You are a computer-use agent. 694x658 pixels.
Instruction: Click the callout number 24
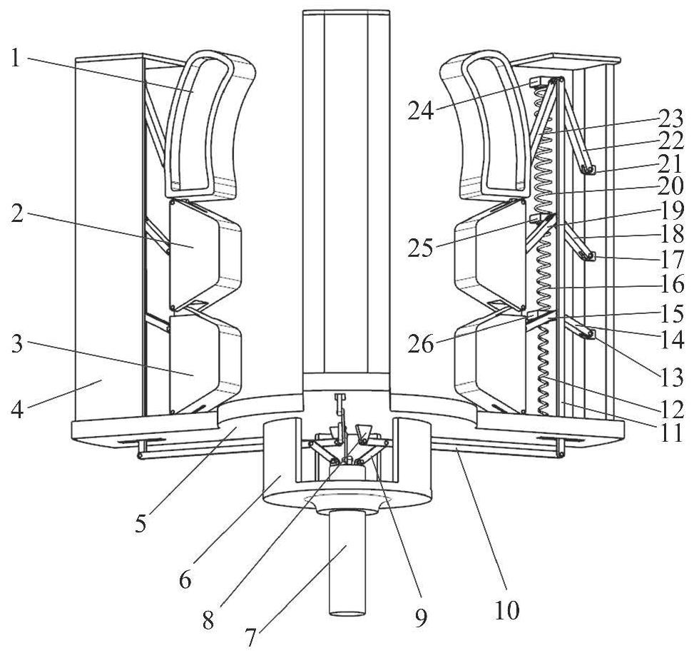pyautogui.click(x=422, y=111)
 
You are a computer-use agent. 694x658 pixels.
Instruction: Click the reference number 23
pyautogui.click(x=670, y=118)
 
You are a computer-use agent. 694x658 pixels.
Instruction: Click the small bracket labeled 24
pyautogui.click(x=540, y=83)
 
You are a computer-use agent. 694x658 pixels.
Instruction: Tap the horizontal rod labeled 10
pyautogui.click(x=499, y=450)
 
